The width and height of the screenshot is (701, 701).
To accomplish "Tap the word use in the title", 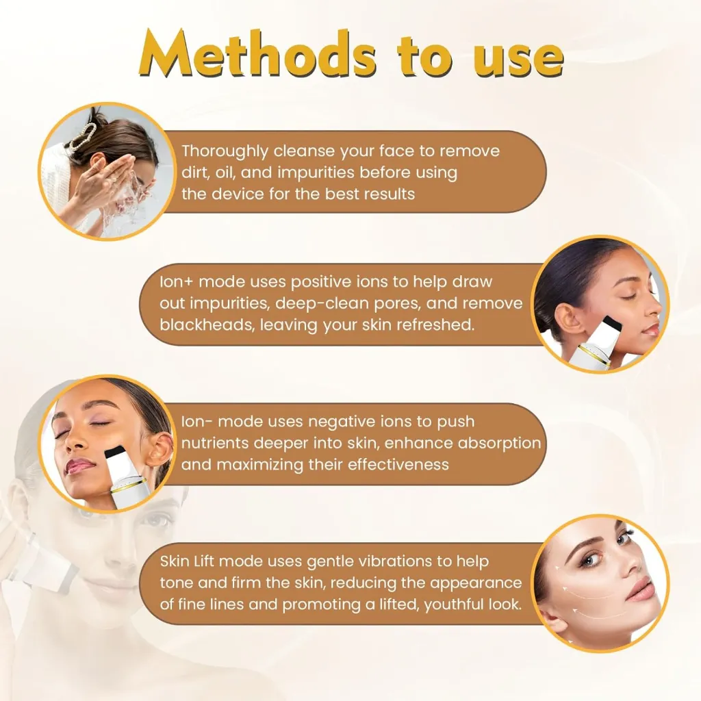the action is (519, 59).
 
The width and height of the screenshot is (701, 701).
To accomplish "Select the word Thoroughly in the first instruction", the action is (225, 151).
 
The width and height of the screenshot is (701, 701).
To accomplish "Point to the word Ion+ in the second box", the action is (176, 282).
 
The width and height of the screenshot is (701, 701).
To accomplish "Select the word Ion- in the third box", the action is (196, 422).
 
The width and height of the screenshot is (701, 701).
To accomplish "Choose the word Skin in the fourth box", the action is (175, 561).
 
